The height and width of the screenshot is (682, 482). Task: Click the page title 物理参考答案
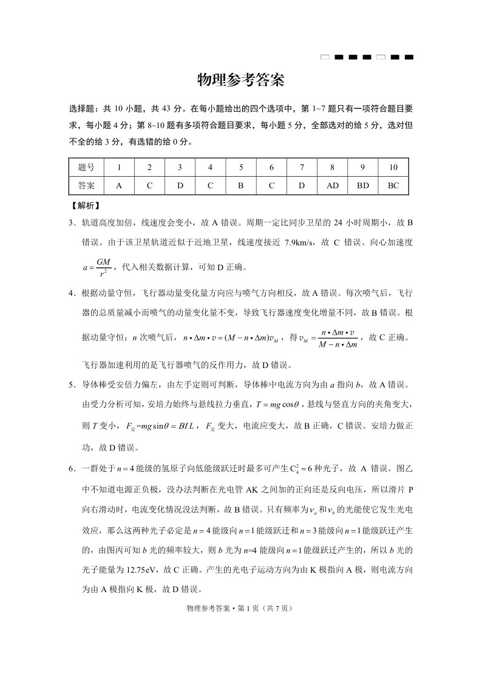tap(241, 80)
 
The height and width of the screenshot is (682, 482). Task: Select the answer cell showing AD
tap(332, 185)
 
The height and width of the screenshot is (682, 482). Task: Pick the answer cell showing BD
tap(362, 185)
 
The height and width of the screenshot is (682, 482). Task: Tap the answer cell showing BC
tap(393, 185)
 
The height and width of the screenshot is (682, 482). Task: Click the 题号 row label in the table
tap(86, 167)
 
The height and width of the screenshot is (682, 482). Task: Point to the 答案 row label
tap(86, 185)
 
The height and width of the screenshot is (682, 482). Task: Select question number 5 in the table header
tap(240, 167)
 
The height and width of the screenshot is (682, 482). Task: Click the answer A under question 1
tap(119, 185)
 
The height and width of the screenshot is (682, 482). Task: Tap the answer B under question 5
tap(240, 185)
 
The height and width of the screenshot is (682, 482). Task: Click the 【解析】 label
tap(85, 206)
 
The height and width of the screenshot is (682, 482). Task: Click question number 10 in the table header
tap(393, 167)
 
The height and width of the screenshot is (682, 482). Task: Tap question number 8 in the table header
tap(332, 167)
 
